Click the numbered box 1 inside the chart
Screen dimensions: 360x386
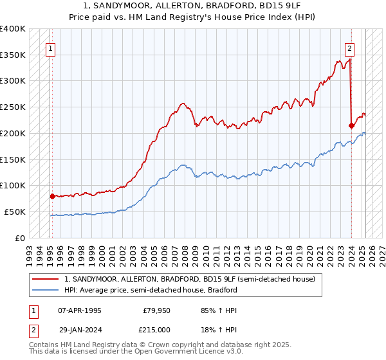pyautogui.click(x=50, y=47)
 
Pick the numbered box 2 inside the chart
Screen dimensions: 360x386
pyautogui.click(x=349, y=47)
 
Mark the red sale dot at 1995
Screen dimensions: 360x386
pyautogui.click(x=52, y=196)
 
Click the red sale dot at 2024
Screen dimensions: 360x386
pyautogui.click(x=351, y=125)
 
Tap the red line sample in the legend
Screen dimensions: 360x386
pyautogui.click(x=45, y=279)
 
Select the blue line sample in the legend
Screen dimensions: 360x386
pyautogui.click(x=45, y=290)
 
